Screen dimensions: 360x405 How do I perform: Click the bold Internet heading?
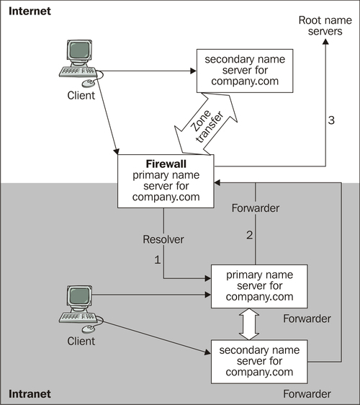point(30,11)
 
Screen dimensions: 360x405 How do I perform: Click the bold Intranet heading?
point(30,394)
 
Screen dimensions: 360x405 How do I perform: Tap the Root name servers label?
point(325,25)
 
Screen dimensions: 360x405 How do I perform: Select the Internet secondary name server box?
point(245,71)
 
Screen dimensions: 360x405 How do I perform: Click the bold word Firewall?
point(166,164)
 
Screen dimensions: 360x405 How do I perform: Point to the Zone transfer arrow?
point(206,124)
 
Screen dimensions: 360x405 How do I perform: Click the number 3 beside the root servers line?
point(331,120)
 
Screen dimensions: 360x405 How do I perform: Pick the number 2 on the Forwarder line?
point(250,235)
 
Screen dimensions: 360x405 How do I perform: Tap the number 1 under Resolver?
point(158,259)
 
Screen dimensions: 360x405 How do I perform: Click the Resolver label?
point(163,239)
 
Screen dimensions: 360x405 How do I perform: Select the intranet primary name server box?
point(259,286)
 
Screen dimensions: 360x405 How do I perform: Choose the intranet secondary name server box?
point(259,362)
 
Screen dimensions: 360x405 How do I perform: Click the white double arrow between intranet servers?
point(249,324)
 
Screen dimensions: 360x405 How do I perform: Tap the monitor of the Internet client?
point(79,51)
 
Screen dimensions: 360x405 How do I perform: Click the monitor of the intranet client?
point(79,297)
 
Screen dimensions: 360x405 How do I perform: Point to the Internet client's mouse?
point(88,83)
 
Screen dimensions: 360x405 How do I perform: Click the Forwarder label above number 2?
point(256,208)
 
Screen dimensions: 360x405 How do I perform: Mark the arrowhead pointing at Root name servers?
point(325,41)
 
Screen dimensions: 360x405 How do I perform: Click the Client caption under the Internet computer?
point(81,96)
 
